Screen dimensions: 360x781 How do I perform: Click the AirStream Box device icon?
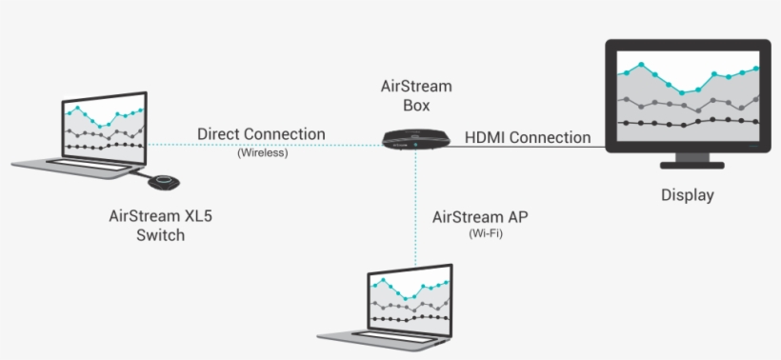coord(416,139)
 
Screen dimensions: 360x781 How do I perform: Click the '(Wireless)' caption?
coord(262,152)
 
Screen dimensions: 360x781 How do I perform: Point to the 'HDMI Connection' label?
coord(528,137)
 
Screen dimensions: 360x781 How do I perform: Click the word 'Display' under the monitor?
coord(687,195)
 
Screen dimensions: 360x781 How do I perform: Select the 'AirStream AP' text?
coord(480,217)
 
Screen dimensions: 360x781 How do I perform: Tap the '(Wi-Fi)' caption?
coord(480,233)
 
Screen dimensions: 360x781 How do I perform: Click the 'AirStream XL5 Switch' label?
coord(159,226)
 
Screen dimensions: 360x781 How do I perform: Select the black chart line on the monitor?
coord(687,122)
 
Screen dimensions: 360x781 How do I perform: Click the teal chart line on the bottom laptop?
coord(410,286)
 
